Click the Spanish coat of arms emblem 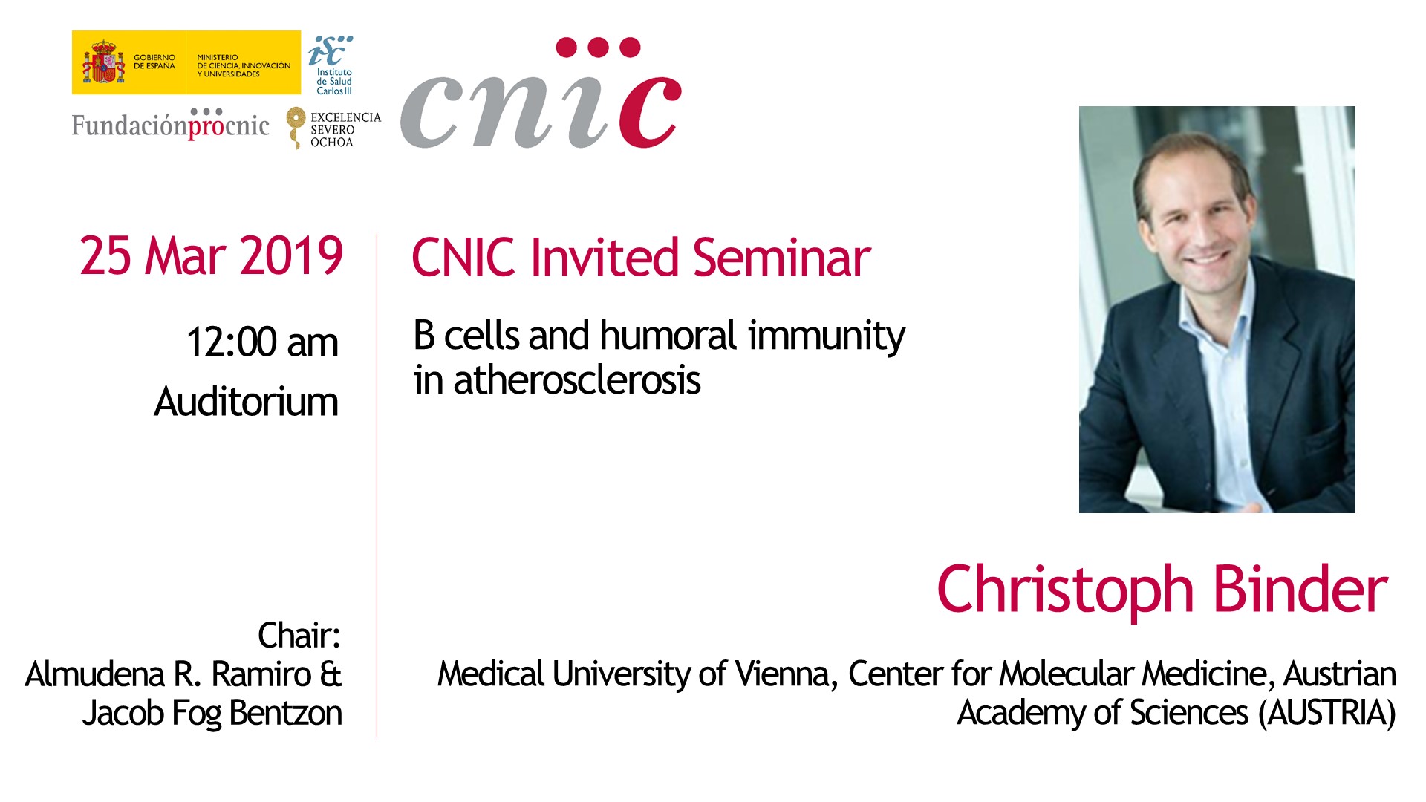[x=103, y=62]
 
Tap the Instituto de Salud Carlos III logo [x=331, y=65]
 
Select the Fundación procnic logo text [x=171, y=124]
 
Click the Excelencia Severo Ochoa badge [x=334, y=128]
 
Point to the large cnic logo [x=541, y=94]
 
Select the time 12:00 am [x=262, y=342]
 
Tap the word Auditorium [x=246, y=402]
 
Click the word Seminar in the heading [x=781, y=258]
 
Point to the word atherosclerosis [x=577, y=380]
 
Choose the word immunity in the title [x=827, y=336]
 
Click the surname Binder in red [x=1300, y=590]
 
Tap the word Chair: [x=299, y=636]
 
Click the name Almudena [x=95, y=674]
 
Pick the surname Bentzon [x=286, y=713]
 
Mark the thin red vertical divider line [x=377, y=486]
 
